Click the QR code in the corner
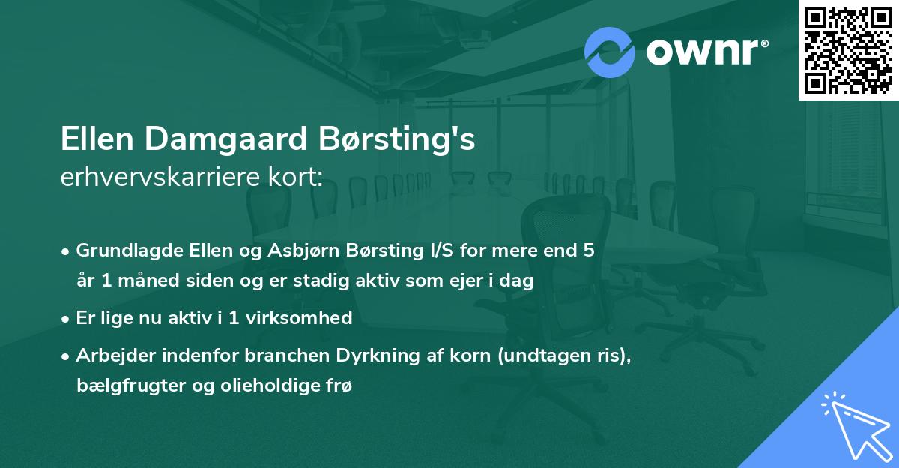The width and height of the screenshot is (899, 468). [848, 50]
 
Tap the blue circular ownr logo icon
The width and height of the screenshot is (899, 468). [609, 52]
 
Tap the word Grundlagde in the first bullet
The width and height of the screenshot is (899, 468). [121, 250]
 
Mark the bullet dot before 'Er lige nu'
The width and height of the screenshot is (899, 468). [67, 319]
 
